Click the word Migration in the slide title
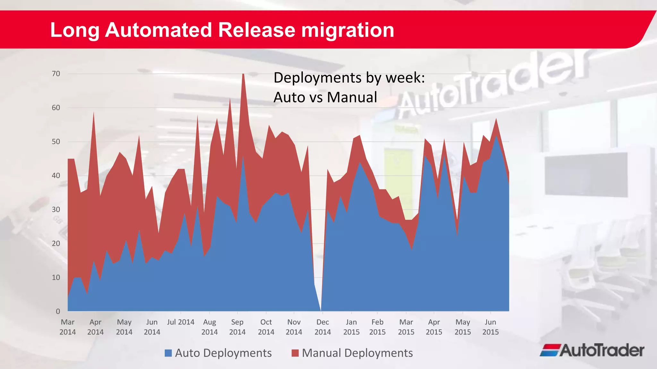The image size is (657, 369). pos(347,30)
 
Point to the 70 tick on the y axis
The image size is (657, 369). pos(56,74)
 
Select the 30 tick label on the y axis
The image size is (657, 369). pos(56,209)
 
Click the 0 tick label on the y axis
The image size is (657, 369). pos(58,311)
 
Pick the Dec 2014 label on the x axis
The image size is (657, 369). pos(322,327)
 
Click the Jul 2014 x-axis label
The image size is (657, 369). pos(181,322)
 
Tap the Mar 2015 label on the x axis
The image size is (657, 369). pos(406,327)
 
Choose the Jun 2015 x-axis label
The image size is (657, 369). pos(490,327)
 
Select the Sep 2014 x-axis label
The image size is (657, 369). pos(237,327)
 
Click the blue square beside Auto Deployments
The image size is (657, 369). pos(168,353)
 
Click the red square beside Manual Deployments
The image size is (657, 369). pos(295,353)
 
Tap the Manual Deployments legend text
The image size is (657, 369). pos(357,353)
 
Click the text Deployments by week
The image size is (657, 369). pos(349,78)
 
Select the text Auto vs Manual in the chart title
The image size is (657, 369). pos(325,97)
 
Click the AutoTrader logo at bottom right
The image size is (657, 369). pos(592,350)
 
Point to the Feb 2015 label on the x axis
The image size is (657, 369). pos(377,327)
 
